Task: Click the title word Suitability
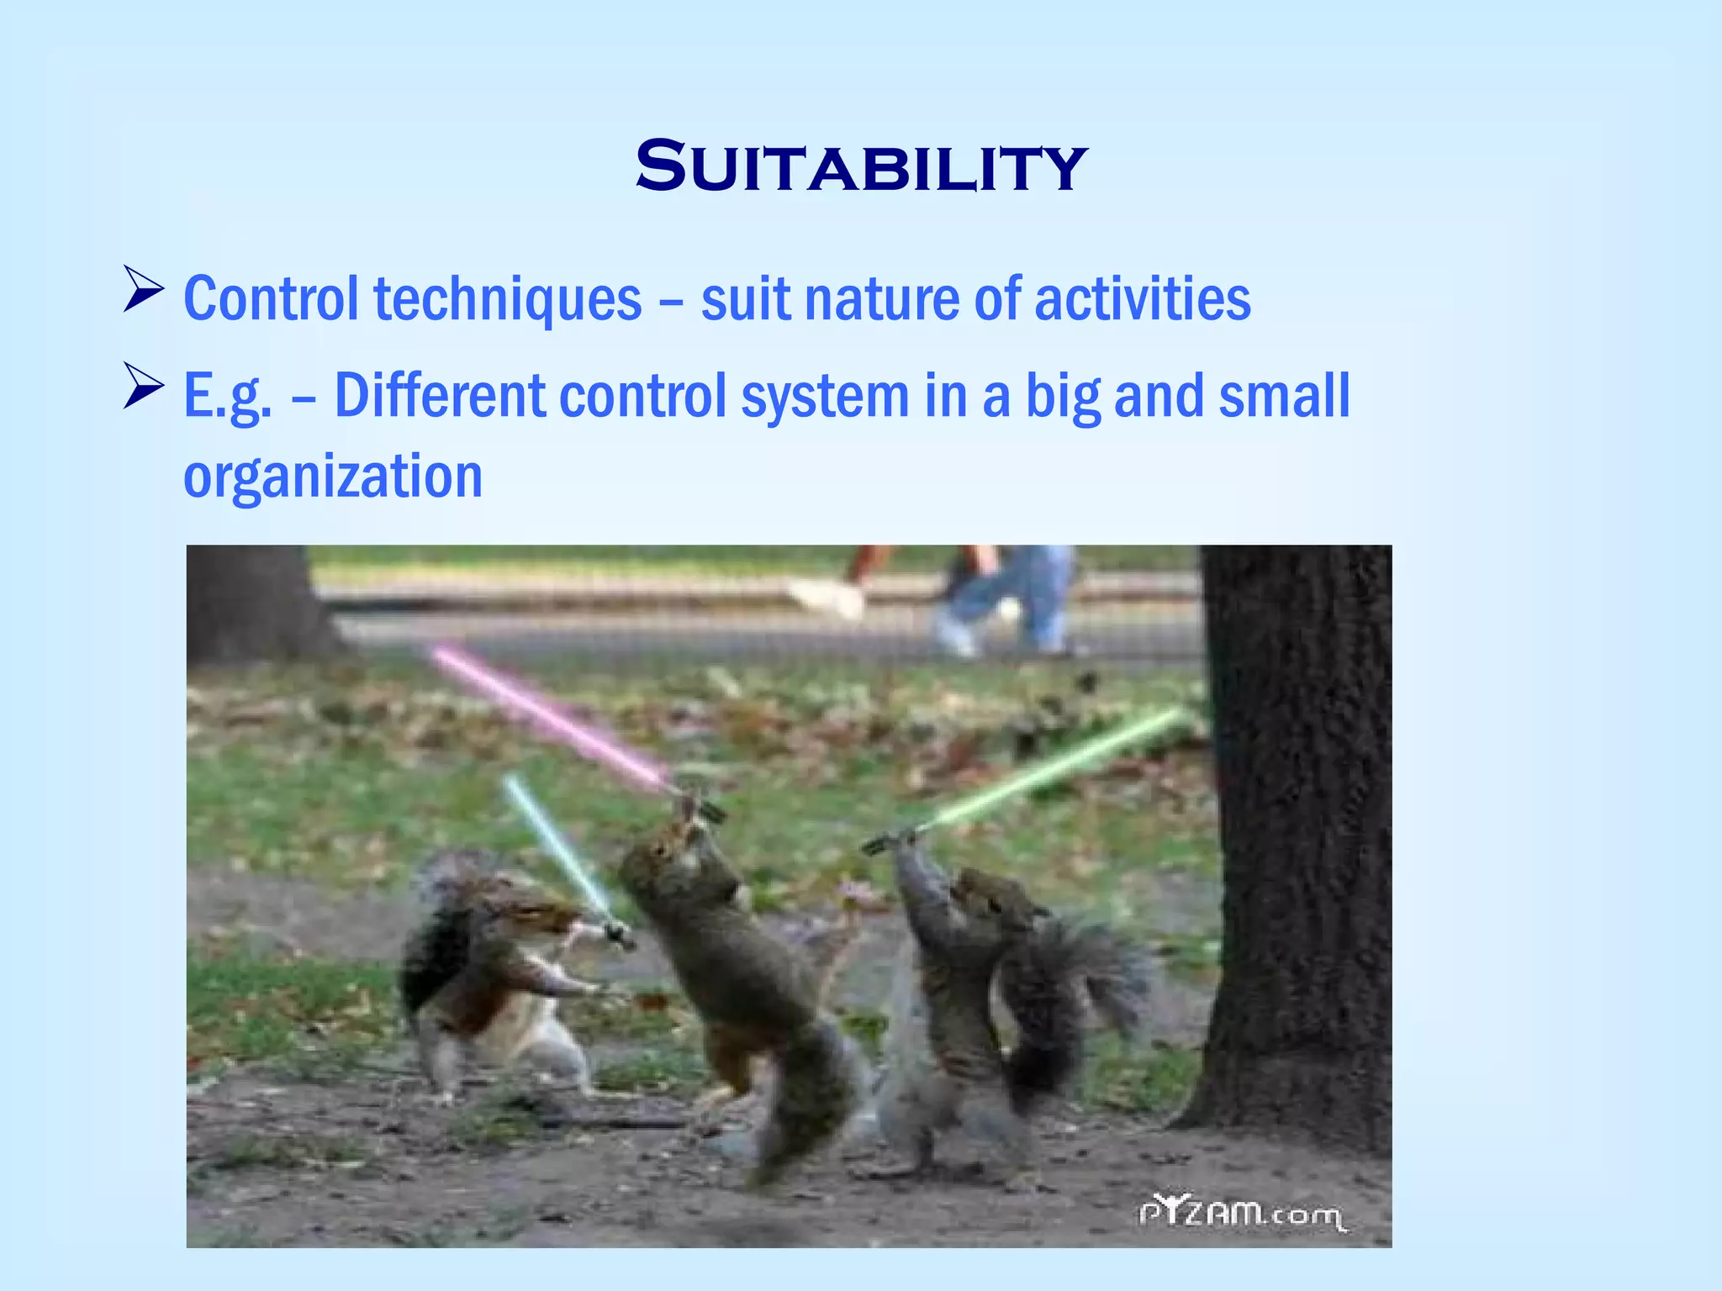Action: (x=860, y=166)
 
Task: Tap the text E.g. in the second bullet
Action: (x=228, y=397)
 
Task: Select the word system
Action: (x=824, y=397)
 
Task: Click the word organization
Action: (x=333, y=477)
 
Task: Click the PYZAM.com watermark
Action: (x=1241, y=1214)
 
